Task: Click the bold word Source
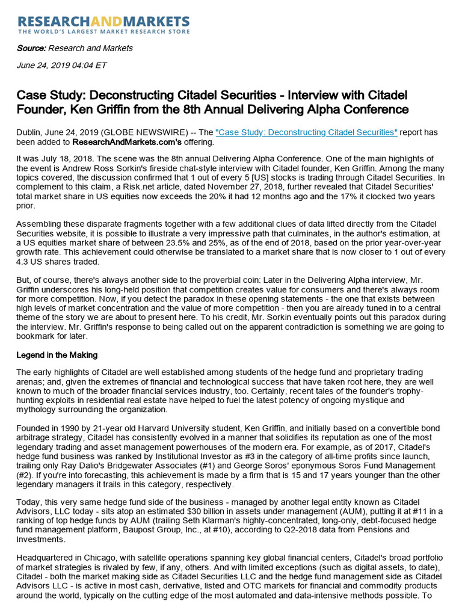tap(31, 48)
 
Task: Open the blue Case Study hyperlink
tap(306, 132)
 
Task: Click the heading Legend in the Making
tap(57, 355)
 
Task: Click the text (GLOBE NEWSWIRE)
tap(139, 132)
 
